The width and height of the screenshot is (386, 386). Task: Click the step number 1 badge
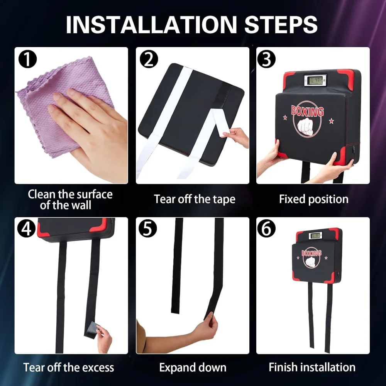[x=27, y=59]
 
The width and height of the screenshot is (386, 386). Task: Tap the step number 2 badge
[x=149, y=59]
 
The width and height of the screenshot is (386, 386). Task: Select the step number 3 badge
[x=266, y=59]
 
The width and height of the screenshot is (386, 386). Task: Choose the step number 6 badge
[x=266, y=229]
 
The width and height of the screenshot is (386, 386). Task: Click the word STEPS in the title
[x=281, y=25]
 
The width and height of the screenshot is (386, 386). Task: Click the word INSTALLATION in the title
[x=151, y=25]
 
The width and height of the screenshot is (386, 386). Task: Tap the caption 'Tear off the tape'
[x=195, y=199]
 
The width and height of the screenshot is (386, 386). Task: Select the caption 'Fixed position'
[x=313, y=199]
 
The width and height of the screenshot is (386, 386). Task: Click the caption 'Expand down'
[x=193, y=367]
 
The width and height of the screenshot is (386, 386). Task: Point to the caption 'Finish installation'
[x=312, y=367]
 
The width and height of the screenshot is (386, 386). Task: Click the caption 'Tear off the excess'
[x=69, y=367]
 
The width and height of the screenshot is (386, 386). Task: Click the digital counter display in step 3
[x=315, y=80]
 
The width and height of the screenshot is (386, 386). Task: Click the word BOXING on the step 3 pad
[x=307, y=111]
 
